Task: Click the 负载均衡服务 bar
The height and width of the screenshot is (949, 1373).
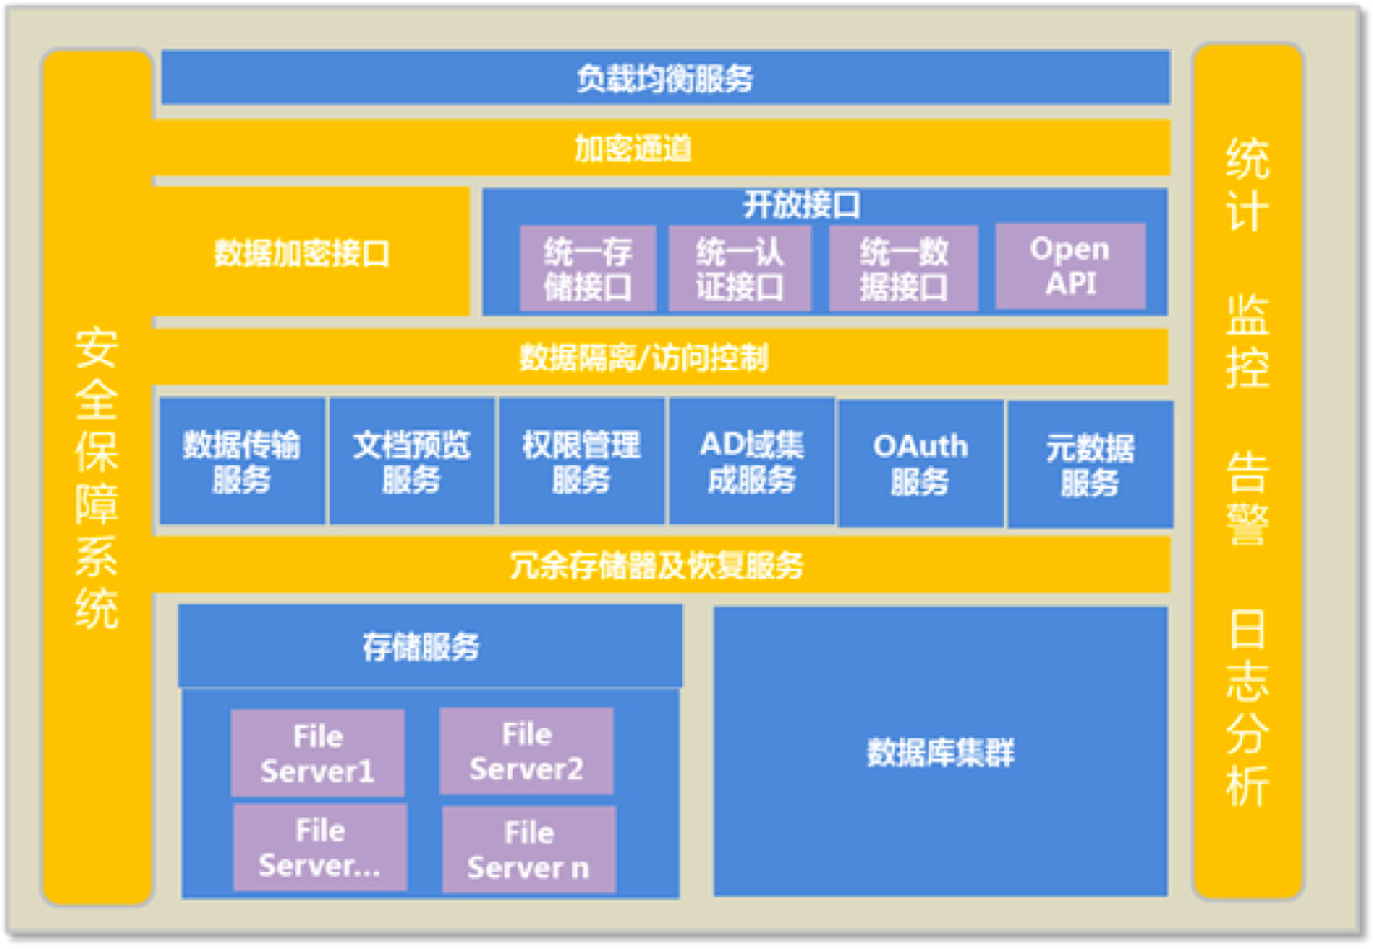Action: point(666,77)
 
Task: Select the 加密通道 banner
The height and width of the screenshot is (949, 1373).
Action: point(662,147)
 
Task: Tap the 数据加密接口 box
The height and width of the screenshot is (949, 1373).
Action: point(310,252)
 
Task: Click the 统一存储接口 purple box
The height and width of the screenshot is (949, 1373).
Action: point(587,269)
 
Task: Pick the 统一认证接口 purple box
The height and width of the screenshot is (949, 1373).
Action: point(740,269)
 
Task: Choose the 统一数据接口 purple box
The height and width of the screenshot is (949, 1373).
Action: point(903,269)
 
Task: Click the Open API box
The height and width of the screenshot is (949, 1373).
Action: point(1070,266)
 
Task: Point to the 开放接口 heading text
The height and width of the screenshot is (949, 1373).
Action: point(801,205)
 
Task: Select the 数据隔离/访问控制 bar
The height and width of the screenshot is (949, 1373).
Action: point(660,357)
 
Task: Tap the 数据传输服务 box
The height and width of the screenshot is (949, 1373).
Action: point(242,461)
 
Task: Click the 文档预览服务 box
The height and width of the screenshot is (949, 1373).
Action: point(412,461)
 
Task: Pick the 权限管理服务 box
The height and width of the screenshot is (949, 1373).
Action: point(582,461)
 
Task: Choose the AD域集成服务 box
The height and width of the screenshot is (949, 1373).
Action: point(751,461)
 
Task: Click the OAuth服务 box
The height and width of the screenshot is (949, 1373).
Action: point(920,464)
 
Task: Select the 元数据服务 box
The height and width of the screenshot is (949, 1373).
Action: point(1090,465)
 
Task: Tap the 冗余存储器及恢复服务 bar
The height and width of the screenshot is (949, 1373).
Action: point(662,564)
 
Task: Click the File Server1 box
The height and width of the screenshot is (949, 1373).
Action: point(318,753)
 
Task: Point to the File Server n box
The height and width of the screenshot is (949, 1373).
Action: point(529,850)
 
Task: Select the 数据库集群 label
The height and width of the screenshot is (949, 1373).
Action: point(941,753)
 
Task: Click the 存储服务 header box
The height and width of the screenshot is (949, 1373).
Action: point(430,645)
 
